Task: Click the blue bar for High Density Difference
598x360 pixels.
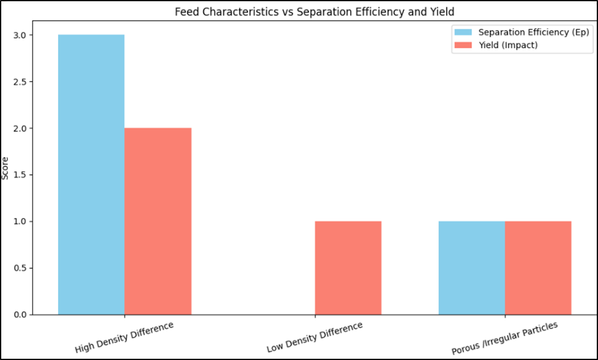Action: point(91,175)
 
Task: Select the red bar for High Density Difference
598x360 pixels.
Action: point(158,221)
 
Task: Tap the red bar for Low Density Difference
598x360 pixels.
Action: point(348,268)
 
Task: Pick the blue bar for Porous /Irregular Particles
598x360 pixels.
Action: point(472,268)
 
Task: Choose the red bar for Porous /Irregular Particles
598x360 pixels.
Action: point(538,268)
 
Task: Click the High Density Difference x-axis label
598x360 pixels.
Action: point(124,337)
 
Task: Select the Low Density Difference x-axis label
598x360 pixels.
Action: point(315,337)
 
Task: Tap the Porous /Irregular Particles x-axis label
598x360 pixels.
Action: point(505,337)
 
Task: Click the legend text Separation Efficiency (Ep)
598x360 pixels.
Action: point(533,33)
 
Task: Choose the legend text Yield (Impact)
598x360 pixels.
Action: point(508,45)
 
